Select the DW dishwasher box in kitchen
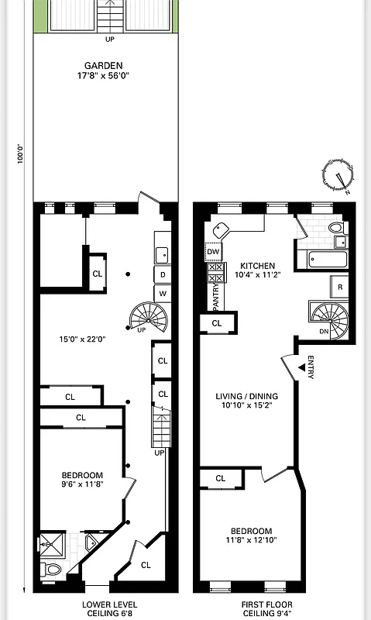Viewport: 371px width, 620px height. click(214, 252)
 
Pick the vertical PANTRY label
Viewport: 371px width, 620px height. click(215, 297)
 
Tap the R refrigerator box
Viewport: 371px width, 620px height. click(339, 288)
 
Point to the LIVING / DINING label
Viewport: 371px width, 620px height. click(246, 397)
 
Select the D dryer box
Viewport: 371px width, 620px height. click(163, 274)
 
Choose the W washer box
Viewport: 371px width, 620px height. click(163, 294)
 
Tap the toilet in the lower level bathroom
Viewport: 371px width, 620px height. click(53, 571)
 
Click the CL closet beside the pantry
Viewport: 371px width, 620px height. click(217, 323)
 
